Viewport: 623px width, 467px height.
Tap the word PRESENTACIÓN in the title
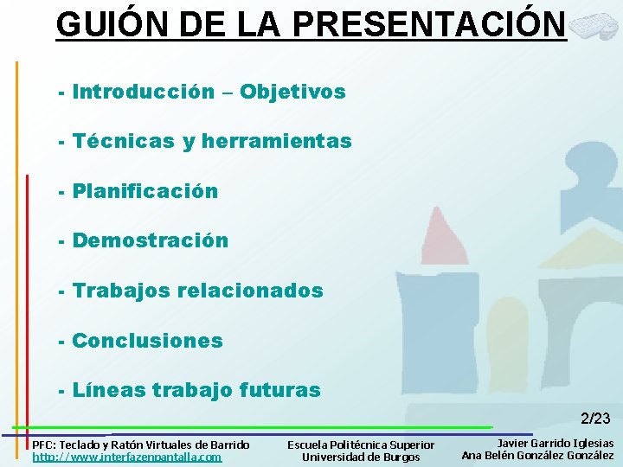click(429, 24)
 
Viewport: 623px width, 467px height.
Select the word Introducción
click(144, 92)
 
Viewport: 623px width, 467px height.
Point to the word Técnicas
click(124, 141)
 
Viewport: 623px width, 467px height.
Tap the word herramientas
click(277, 141)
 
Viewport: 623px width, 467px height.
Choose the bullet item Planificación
click(145, 191)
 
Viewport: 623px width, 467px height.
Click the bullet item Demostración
click(151, 240)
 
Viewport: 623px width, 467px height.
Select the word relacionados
click(250, 291)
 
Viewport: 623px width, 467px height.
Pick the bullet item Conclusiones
click(147, 341)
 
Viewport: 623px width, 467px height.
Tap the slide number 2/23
click(595, 419)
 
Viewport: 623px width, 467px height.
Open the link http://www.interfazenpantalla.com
click(126, 457)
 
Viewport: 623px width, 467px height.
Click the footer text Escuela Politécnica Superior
click(361, 445)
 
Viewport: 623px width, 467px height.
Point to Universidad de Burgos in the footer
click(361, 457)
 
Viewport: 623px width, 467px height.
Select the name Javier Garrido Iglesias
click(555, 443)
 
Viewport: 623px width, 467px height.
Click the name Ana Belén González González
click(537, 455)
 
